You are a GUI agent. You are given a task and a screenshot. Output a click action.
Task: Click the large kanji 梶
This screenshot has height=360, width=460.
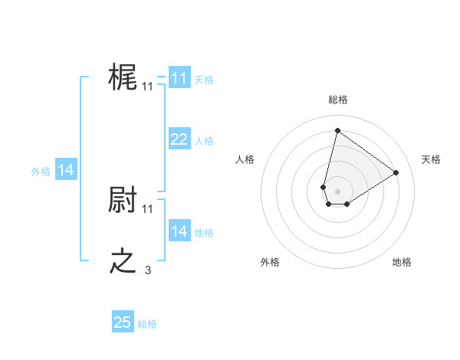pyautogui.click(x=123, y=78)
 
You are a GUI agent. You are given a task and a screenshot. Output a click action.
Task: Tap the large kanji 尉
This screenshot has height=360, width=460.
pyautogui.click(x=123, y=201)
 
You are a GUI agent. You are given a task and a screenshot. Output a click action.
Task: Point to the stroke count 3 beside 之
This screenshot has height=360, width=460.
pyautogui.click(x=148, y=270)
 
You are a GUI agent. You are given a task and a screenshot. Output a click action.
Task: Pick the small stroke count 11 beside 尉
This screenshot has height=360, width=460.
pyautogui.click(x=148, y=208)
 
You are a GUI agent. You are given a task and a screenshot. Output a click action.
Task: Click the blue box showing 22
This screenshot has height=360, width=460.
pyautogui.click(x=179, y=139)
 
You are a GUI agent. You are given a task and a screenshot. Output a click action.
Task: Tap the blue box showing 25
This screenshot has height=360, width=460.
pyautogui.click(x=123, y=322)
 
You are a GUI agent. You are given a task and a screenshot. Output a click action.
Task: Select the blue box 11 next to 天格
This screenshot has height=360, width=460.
pyautogui.click(x=179, y=78)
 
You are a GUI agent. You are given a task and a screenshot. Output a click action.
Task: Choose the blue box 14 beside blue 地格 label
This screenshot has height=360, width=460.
pyautogui.click(x=179, y=231)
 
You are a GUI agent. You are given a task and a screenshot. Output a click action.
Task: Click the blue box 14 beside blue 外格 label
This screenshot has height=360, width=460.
pyautogui.click(x=66, y=170)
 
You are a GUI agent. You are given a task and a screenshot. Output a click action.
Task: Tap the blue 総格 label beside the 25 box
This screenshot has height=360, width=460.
pyautogui.click(x=147, y=324)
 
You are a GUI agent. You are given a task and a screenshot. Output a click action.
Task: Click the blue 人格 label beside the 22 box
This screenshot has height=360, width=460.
pyautogui.click(x=204, y=141)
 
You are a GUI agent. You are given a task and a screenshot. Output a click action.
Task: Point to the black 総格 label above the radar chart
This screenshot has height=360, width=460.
pyautogui.click(x=337, y=100)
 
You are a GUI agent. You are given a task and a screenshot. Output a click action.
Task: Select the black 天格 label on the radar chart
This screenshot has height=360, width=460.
pyautogui.click(x=431, y=159)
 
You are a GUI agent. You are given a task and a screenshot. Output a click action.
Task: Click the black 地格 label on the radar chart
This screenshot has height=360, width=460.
pyautogui.click(x=402, y=262)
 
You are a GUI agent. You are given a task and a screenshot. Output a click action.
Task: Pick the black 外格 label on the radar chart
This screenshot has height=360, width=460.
pyautogui.click(x=270, y=262)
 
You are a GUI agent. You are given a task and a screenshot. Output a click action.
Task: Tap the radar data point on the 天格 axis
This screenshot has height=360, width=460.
pyautogui.click(x=396, y=172)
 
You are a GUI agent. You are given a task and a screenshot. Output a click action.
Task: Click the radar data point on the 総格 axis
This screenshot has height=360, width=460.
pyautogui.click(x=337, y=130)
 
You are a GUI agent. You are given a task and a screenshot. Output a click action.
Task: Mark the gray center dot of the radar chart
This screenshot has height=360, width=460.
pyautogui.click(x=337, y=191)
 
